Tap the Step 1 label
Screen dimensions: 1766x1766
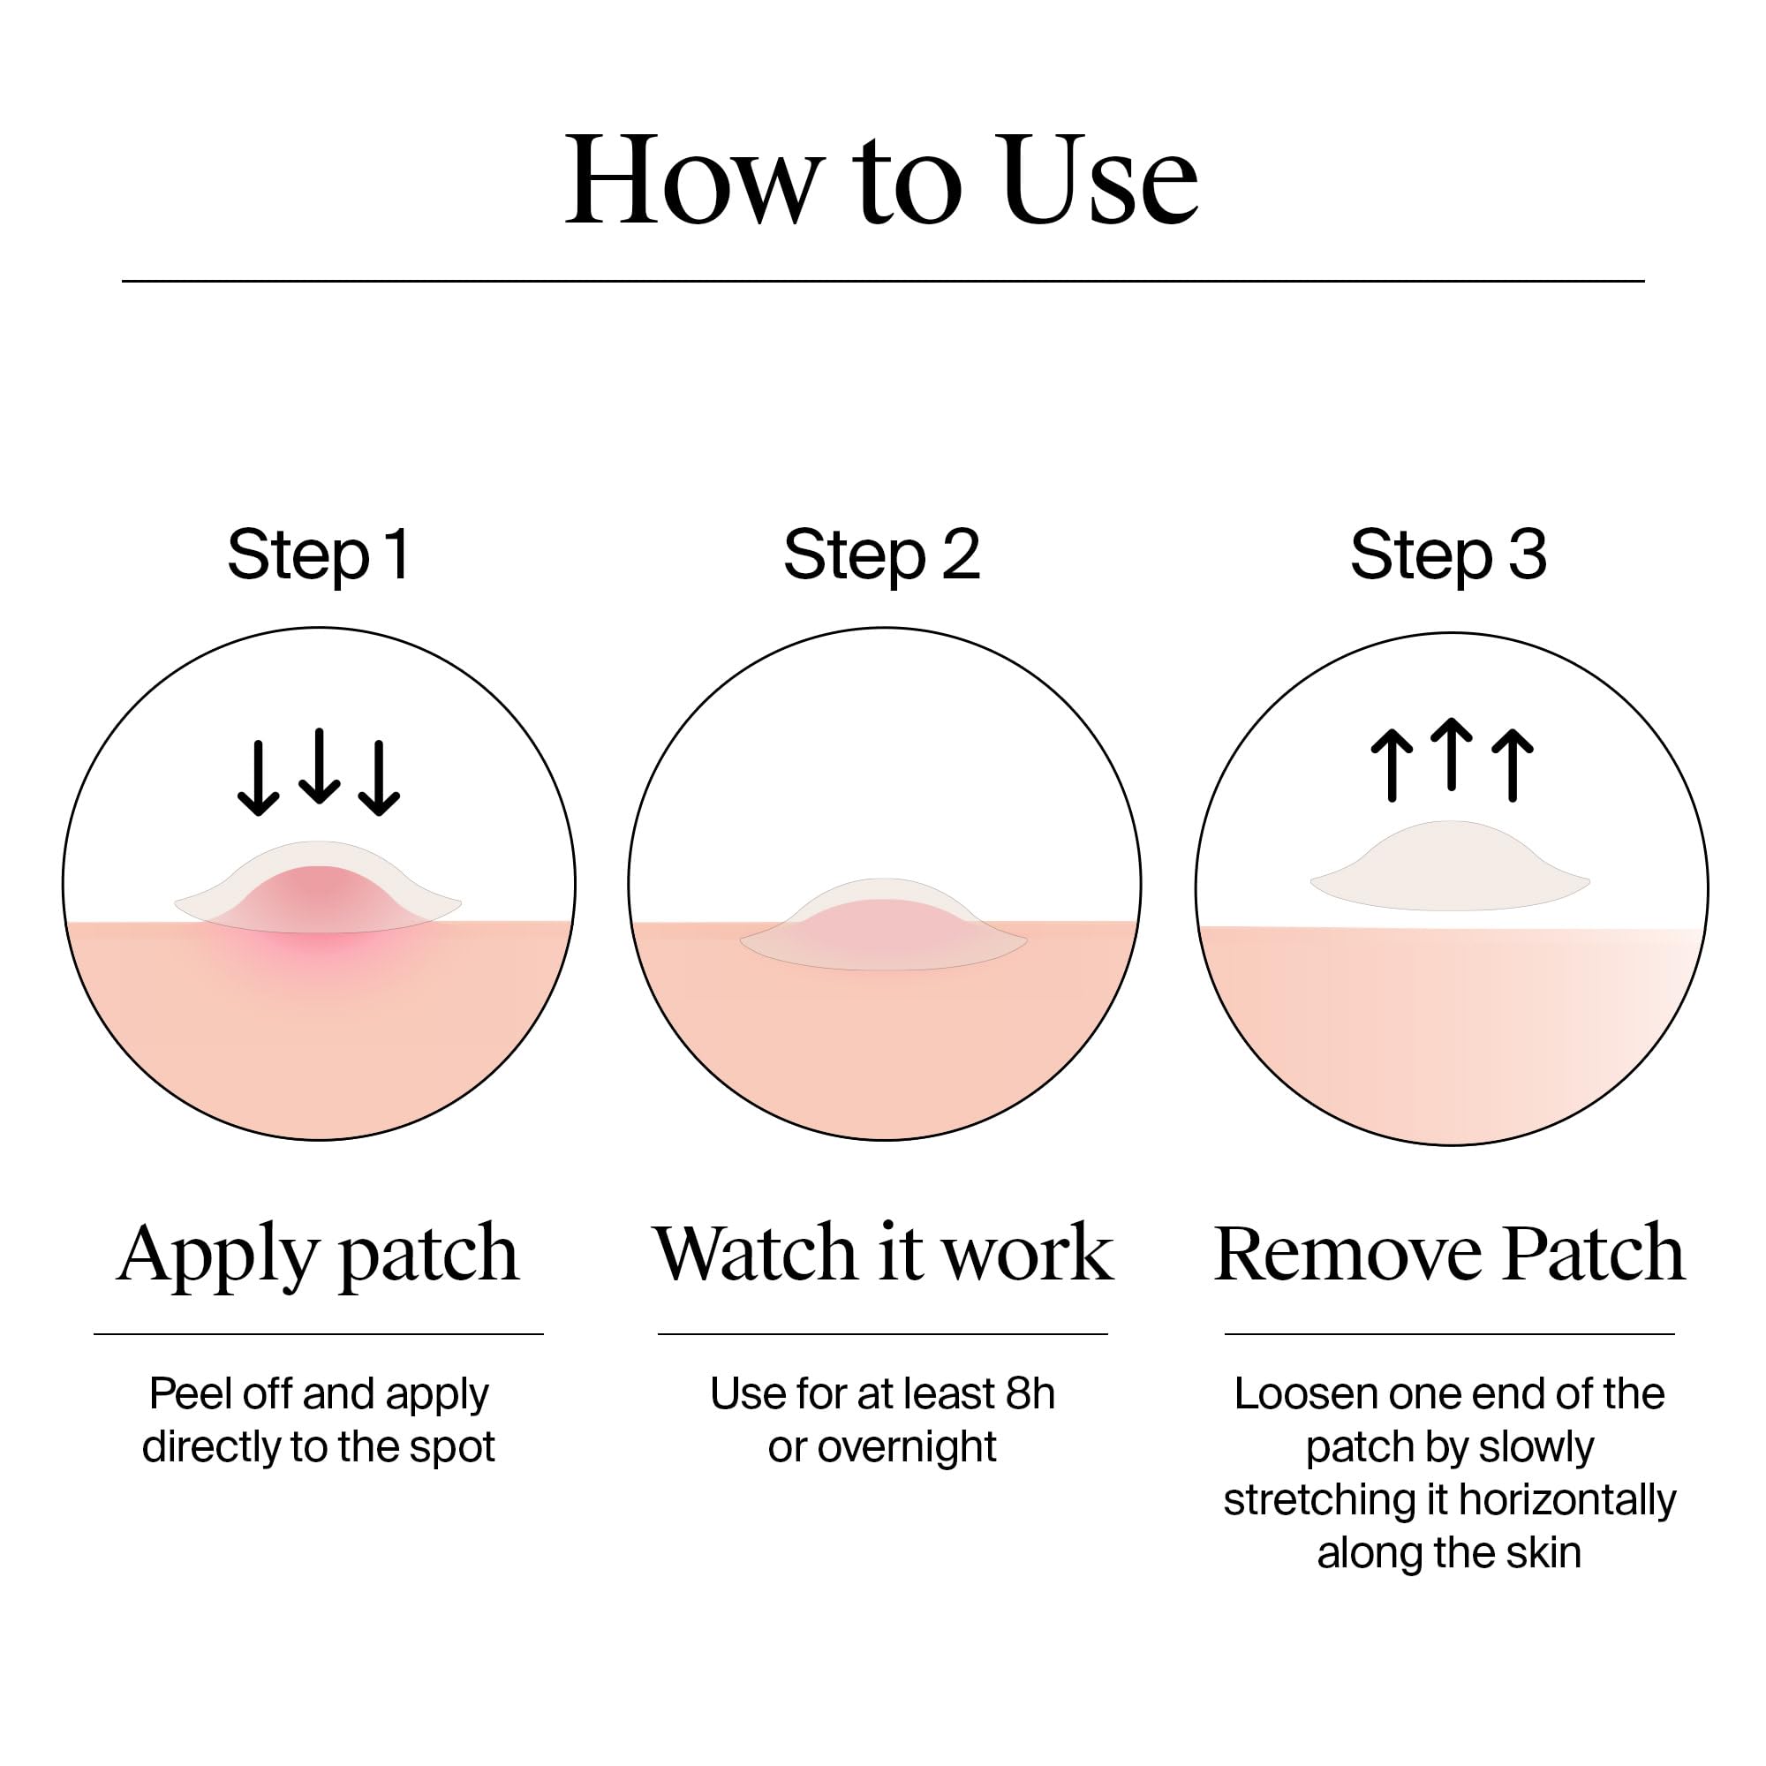[319, 554]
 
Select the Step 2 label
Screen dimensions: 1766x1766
[881, 554]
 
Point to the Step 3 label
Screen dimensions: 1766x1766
[1448, 554]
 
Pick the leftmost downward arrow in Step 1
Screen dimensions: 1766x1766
[259, 778]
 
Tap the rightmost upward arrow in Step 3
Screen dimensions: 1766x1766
[1513, 765]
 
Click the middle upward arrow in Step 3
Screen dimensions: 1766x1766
[1452, 754]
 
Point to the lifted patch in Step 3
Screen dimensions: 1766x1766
[1450, 868]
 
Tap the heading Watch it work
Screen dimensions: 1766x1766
[882, 1253]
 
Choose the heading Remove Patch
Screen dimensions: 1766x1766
[1449, 1253]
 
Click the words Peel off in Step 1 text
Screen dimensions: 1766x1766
[219, 1395]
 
